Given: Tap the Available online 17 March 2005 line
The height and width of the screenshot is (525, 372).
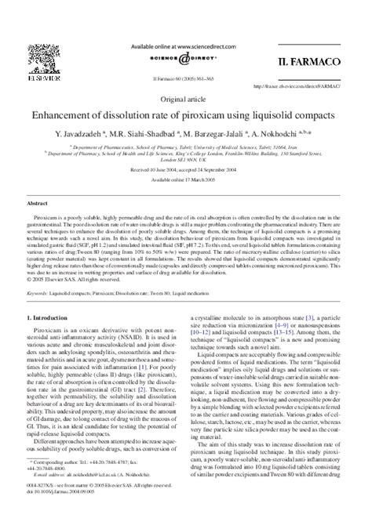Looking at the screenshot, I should coord(185,179).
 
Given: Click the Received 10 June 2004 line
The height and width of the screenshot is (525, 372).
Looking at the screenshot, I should coord(185,168).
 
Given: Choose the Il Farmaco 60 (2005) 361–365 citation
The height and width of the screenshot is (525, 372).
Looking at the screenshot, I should coord(185,81).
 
